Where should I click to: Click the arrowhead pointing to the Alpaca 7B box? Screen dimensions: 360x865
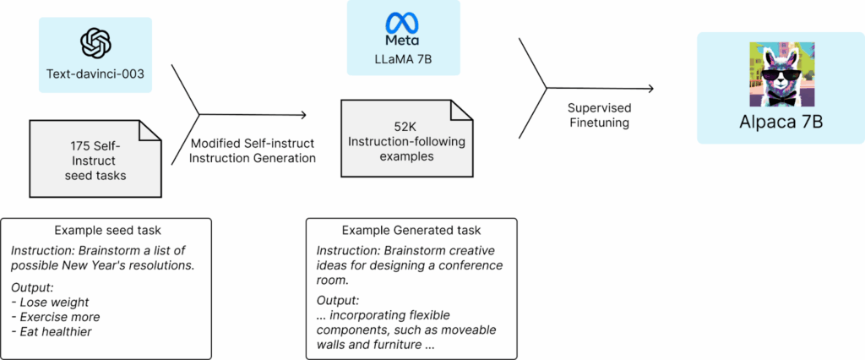650,88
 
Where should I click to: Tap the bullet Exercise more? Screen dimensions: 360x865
58,317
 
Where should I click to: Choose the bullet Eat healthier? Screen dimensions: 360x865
53,332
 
